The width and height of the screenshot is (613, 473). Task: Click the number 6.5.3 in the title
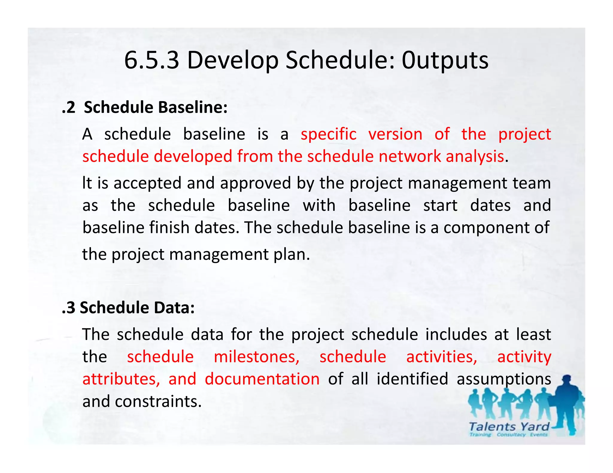[151, 60]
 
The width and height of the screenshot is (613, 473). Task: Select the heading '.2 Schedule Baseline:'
[145, 107]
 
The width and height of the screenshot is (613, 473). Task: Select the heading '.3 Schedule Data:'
[128, 308]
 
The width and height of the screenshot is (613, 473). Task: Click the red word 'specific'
[328, 134]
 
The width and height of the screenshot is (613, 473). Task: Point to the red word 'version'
[395, 134]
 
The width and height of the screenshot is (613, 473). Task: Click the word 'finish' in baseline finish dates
[169, 228]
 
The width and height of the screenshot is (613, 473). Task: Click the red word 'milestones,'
[257, 357]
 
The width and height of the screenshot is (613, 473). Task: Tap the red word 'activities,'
[441, 357]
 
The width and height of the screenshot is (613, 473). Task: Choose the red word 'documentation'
[262, 379]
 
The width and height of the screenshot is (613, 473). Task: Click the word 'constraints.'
[158, 402]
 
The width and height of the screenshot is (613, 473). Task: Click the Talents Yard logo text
[509, 427]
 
